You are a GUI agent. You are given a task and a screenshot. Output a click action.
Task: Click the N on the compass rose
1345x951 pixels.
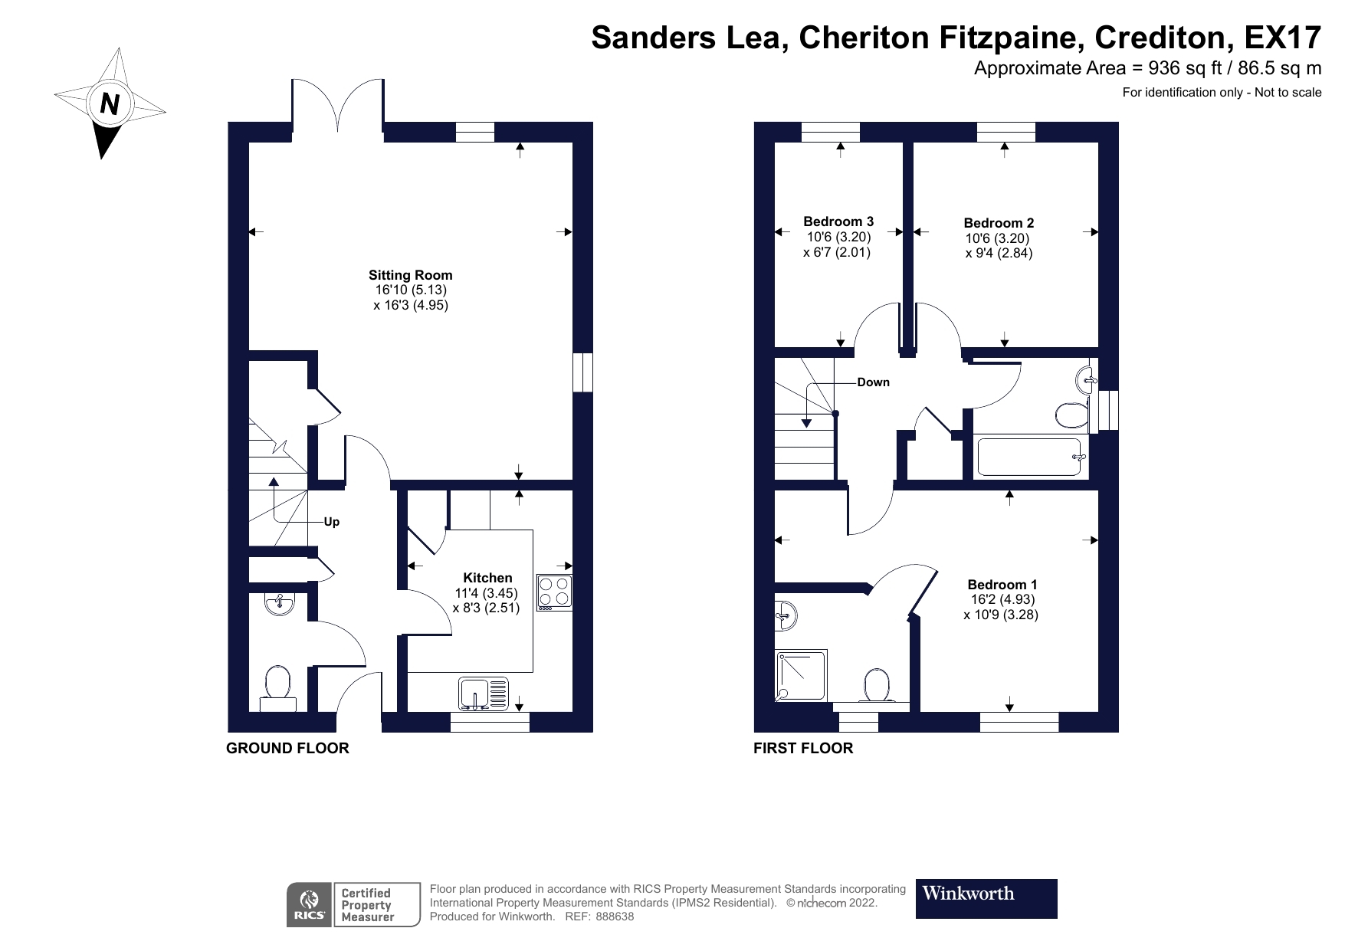(x=110, y=103)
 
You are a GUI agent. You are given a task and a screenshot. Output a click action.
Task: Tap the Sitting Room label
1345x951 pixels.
(x=410, y=275)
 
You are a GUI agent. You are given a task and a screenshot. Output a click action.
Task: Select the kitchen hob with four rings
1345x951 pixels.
(x=554, y=592)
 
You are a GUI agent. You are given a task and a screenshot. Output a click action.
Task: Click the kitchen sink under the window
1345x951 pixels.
(x=484, y=694)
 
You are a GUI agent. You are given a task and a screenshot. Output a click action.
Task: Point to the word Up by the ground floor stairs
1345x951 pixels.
(x=331, y=522)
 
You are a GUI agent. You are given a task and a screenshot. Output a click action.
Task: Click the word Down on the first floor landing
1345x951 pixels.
(x=873, y=382)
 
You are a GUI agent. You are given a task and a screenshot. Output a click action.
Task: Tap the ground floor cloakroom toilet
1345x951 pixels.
(x=277, y=685)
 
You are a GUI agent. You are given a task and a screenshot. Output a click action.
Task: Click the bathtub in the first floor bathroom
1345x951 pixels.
(x=1029, y=457)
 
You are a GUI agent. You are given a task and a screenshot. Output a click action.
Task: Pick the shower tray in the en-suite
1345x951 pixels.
(x=802, y=675)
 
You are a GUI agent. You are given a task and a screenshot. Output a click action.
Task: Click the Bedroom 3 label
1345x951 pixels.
(x=838, y=221)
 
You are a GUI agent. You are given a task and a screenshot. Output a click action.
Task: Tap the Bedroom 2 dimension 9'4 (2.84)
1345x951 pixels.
(x=999, y=253)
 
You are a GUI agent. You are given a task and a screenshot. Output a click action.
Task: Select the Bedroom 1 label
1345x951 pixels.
(x=1002, y=585)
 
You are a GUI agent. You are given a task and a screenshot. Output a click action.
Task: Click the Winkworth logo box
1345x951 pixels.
(x=986, y=898)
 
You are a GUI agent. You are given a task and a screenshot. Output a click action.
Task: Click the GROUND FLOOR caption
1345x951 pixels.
(x=287, y=748)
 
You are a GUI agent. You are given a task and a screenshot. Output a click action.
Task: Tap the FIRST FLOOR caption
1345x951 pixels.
(x=802, y=748)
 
